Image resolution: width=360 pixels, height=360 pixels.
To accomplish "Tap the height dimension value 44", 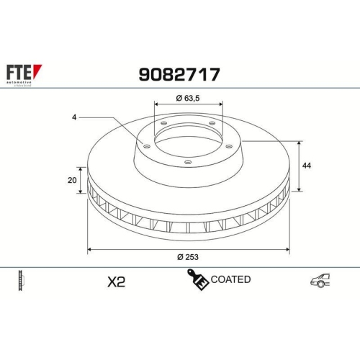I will tap(307, 166).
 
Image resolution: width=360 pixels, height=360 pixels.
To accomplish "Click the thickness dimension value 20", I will tap(72, 180).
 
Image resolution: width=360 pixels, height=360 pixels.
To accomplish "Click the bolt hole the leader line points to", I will tap(148, 147).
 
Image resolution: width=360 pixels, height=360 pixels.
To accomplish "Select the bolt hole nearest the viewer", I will tap(188, 162).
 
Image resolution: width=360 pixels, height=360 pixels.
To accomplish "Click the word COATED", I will tap(230, 279).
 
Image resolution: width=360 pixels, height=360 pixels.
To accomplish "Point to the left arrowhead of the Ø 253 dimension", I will tap(89, 249).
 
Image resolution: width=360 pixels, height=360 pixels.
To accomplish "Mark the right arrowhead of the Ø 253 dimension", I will tap(287, 249).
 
